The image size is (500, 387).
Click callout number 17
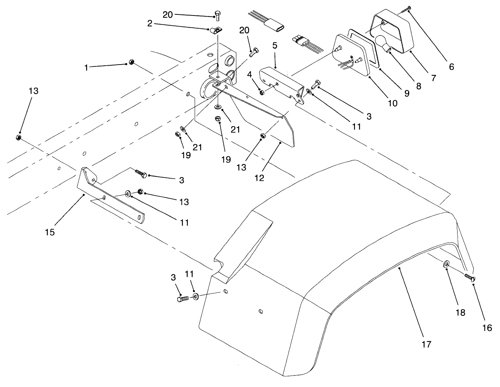(426, 345)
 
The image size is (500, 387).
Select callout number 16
(487, 327)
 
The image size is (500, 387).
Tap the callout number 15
(50, 232)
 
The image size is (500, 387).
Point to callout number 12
(259, 178)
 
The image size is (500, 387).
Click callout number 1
(86, 68)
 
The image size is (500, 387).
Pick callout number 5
(275, 46)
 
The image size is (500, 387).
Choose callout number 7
(433, 78)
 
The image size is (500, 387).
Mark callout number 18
(461, 312)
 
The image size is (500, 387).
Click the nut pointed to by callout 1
(131, 62)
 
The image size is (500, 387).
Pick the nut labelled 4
(262, 92)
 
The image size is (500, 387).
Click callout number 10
(393, 103)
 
